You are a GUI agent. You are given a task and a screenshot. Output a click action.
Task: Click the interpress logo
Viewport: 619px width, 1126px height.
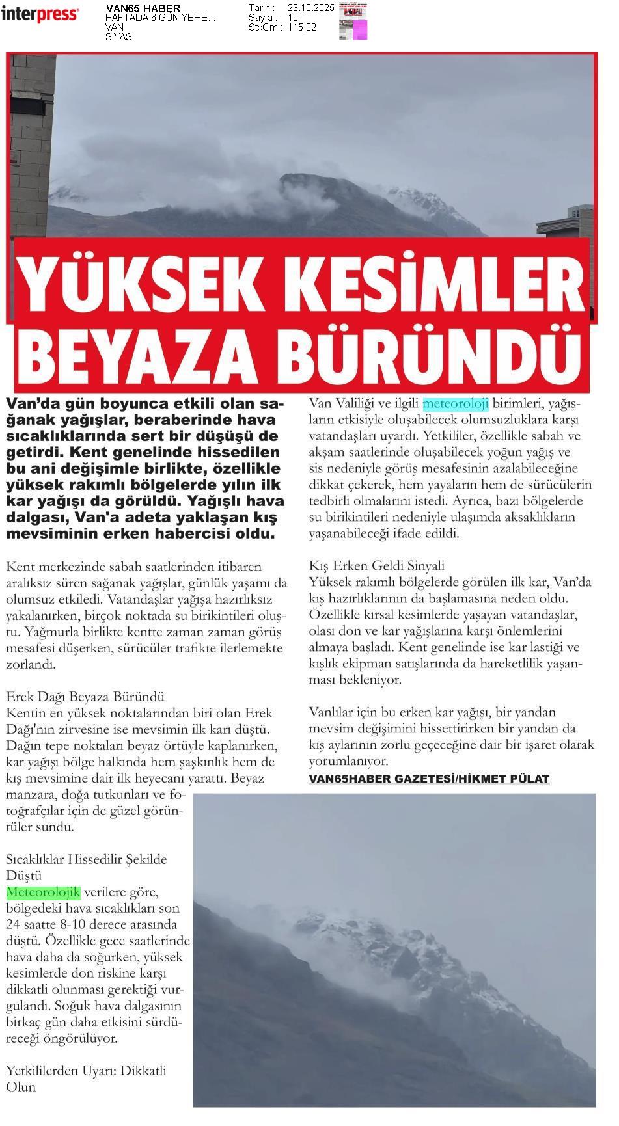40,14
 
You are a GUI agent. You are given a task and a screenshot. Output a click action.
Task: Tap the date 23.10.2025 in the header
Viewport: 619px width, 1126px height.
310,8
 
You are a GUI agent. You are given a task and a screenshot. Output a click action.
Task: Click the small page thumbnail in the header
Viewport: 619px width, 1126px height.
353,21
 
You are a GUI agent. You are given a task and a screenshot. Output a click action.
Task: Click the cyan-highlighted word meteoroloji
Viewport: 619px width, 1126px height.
455,404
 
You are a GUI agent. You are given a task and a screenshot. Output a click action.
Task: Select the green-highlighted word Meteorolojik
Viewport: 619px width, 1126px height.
43,892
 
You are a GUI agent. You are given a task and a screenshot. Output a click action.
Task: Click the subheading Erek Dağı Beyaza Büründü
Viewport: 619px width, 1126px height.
85,697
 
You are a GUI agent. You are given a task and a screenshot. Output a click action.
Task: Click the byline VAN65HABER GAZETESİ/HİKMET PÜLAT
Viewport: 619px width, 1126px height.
429,779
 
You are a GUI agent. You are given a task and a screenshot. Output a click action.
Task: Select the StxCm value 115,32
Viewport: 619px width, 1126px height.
302,27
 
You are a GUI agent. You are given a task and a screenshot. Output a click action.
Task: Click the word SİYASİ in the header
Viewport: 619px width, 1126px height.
120,37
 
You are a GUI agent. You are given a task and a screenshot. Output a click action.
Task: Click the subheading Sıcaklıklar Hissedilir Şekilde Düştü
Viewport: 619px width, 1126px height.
86,867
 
